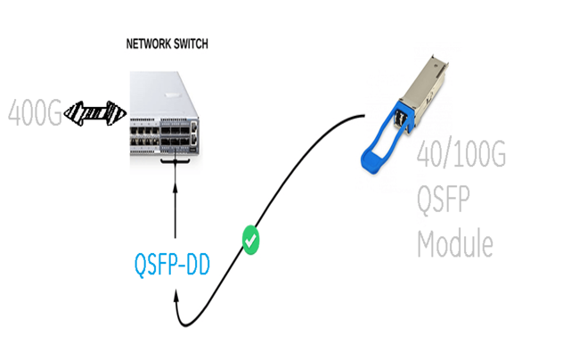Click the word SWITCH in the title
point(190,43)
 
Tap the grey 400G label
point(35,113)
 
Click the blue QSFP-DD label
point(171,265)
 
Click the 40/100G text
point(461,157)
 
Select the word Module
point(454,242)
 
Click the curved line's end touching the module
point(364,114)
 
